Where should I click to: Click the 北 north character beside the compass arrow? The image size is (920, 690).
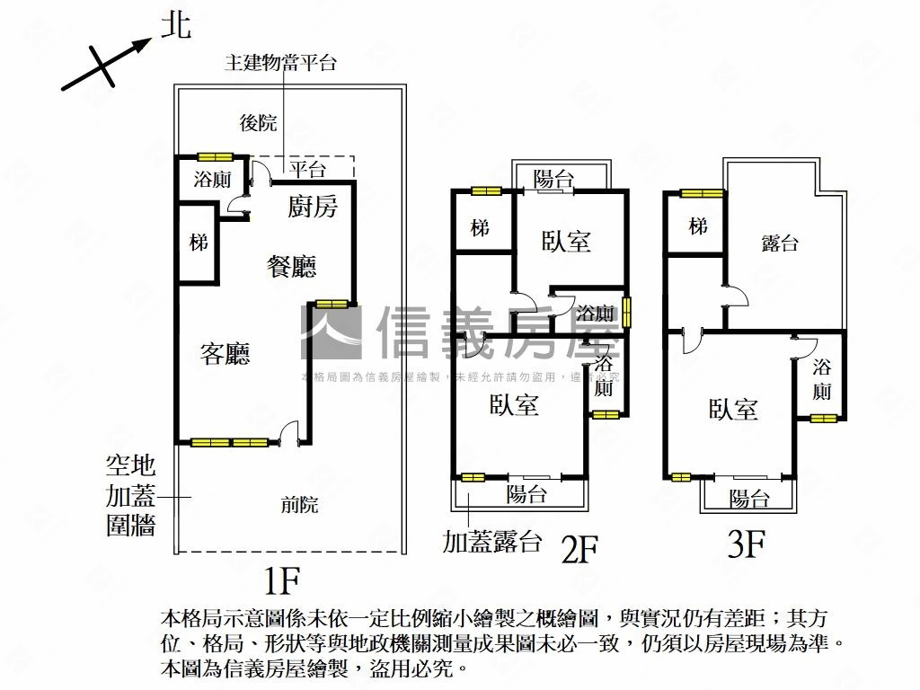[175, 24]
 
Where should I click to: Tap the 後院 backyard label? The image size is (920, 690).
[258, 123]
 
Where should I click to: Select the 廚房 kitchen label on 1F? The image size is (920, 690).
[313, 208]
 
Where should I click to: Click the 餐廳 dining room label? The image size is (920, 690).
[292, 266]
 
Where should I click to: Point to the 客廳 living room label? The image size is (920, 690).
[225, 354]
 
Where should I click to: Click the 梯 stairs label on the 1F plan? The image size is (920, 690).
[199, 243]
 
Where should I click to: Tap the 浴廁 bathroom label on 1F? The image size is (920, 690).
[212, 179]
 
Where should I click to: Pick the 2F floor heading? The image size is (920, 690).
[579, 547]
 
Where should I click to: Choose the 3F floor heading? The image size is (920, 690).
[745, 544]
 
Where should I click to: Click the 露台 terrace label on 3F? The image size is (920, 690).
[779, 243]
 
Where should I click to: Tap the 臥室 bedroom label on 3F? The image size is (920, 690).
[734, 410]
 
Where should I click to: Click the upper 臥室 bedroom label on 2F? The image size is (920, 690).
[566, 241]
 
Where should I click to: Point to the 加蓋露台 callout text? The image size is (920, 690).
[491, 542]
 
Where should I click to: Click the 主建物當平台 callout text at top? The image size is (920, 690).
[280, 62]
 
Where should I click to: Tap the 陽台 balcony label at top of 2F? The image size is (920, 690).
[553, 178]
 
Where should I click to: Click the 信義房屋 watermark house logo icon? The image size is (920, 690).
[330, 332]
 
